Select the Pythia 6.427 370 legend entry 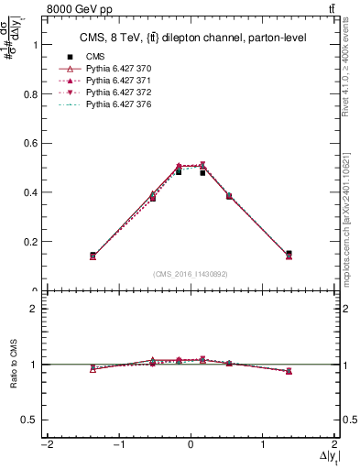point(118,69)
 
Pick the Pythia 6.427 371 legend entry point(118,81)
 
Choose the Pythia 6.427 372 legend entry point(118,93)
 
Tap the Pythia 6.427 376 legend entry point(118,105)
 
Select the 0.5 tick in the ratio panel point(30,419)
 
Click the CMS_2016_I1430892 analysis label point(191,274)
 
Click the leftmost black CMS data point point(93,255)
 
